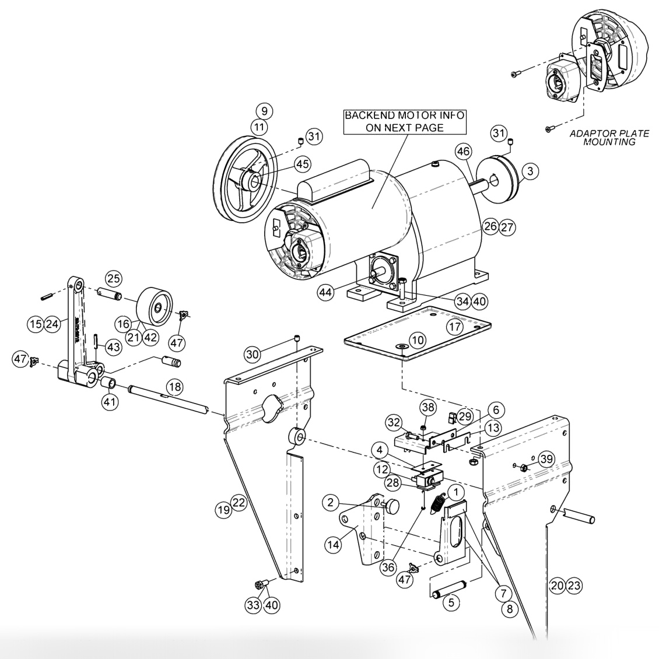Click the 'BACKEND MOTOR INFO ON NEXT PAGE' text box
point(404,121)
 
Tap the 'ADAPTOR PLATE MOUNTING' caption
point(609,138)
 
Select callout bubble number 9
point(263,110)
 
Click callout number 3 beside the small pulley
point(530,171)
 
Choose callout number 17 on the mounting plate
point(455,326)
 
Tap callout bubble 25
point(113,277)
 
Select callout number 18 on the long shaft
point(174,386)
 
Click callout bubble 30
point(252,354)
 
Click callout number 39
point(546,459)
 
